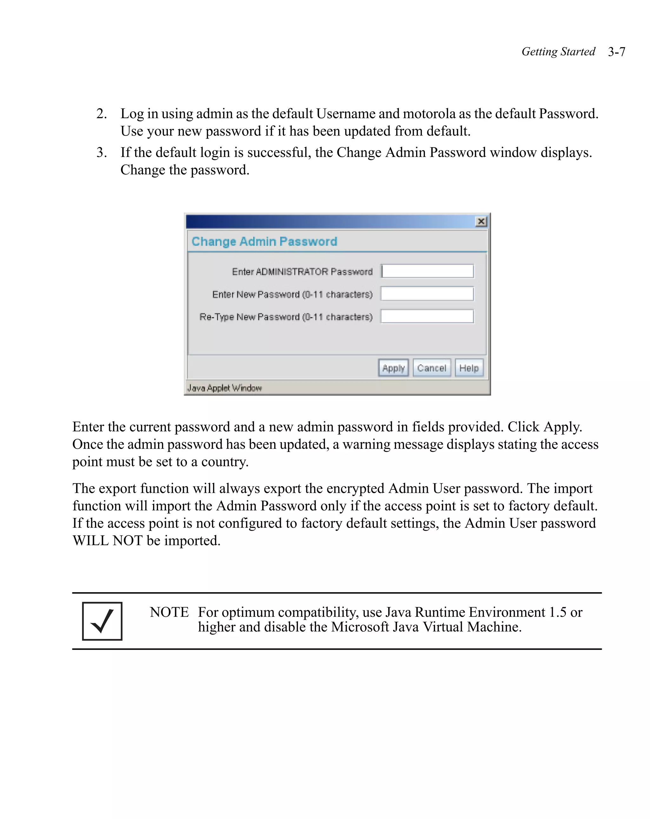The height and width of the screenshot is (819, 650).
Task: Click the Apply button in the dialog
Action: pos(393,367)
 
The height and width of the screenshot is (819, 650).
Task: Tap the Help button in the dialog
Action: pos(469,367)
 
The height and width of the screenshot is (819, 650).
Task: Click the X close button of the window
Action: pos(481,221)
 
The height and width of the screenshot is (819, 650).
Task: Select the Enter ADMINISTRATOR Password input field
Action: pos(427,271)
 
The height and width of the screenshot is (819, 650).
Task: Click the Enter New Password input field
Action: pos(427,294)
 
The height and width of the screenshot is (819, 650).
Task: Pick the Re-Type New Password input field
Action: pos(427,316)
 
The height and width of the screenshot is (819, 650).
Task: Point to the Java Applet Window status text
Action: pos(224,388)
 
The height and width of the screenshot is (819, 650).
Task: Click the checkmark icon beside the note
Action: pos(102,621)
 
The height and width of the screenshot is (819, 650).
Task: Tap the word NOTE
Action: pos(169,612)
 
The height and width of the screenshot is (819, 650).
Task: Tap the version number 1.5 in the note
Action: pos(557,612)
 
